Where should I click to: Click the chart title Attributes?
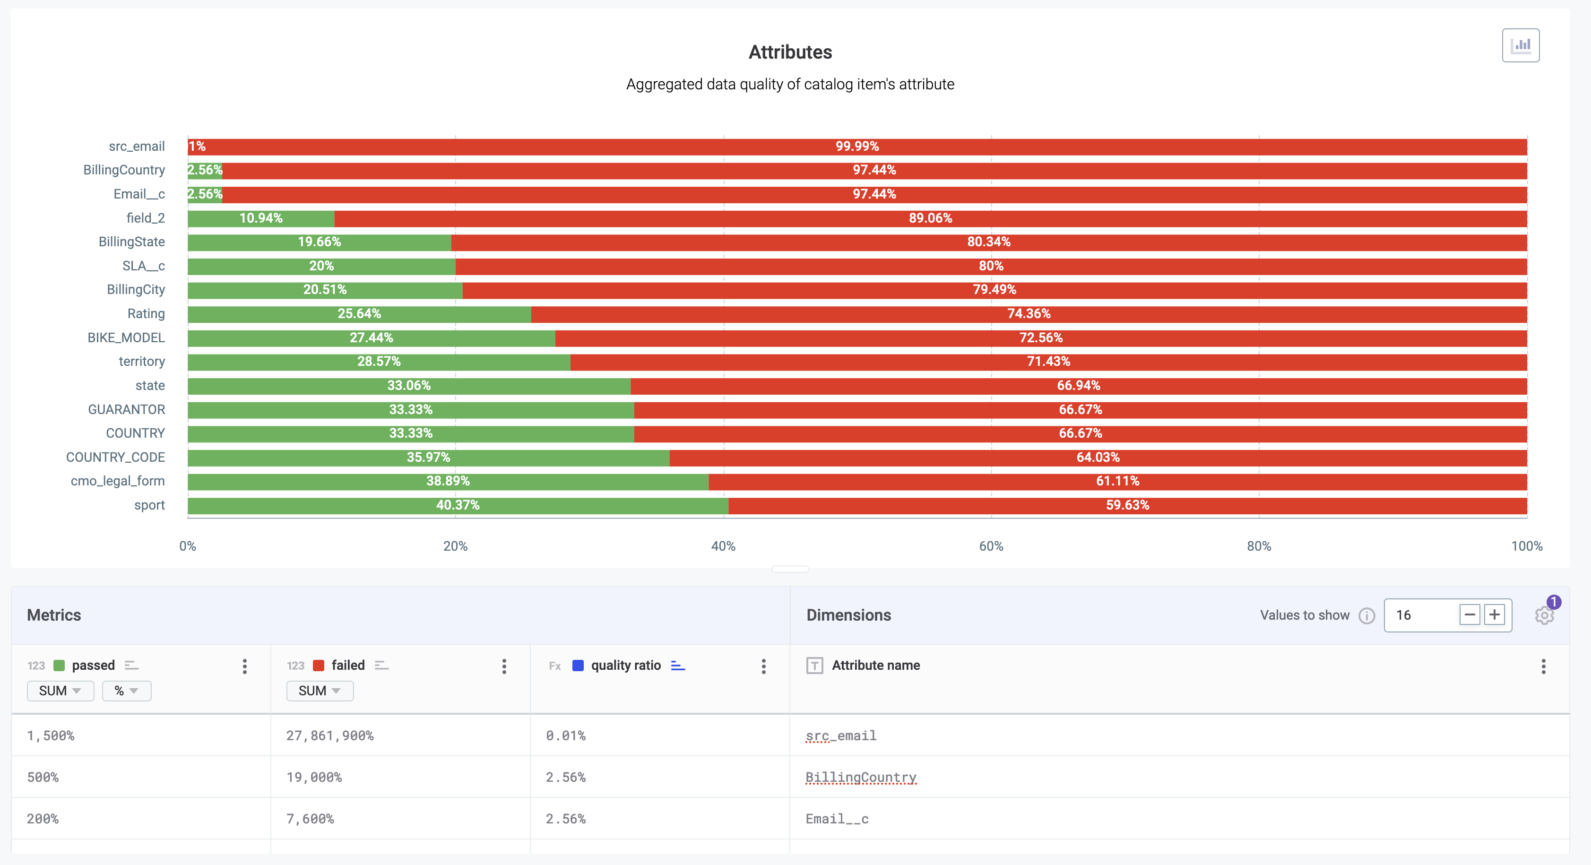(x=790, y=52)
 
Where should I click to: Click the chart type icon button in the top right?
(x=1520, y=45)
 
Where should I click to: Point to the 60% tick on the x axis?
(x=991, y=546)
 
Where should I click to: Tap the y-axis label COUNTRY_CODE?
(x=115, y=457)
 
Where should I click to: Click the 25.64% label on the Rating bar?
(x=359, y=314)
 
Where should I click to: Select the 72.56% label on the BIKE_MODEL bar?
(x=1041, y=338)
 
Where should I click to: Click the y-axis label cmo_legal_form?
(x=117, y=481)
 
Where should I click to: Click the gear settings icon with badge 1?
(x=1544, y=615)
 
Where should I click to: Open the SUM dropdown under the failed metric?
(x=320, y=691)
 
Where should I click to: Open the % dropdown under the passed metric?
(x=126, y=691)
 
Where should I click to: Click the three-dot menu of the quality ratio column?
(x=763, y=666)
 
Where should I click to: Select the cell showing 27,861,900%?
(x=330, y=736)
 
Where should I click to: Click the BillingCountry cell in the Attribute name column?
(x=860, y=777)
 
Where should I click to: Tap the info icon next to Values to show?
(x=1367, y=616)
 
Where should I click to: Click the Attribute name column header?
(x=875, y=666)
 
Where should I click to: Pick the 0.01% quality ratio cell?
(x=565, y=736)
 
